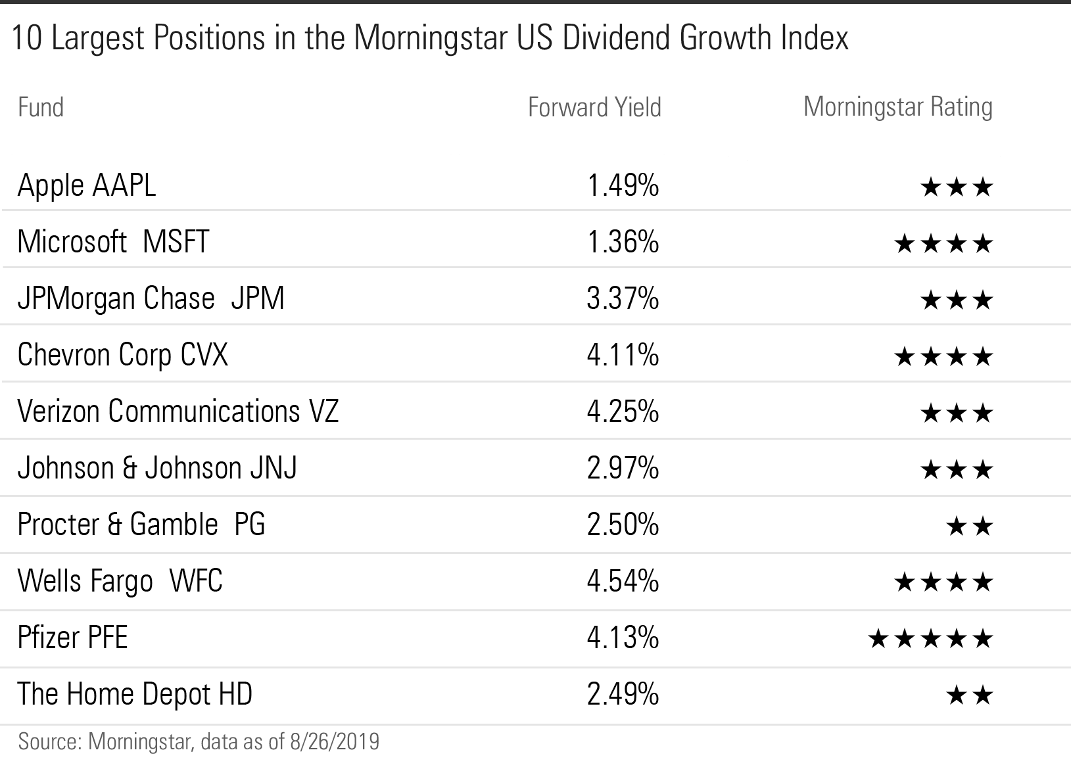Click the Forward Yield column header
(594, 107)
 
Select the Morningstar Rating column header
(897, 106)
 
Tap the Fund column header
(41, 107)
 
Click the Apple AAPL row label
(87, 185)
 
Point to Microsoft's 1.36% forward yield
(623, 242)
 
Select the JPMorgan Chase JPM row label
(151, 298)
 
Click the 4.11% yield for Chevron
(623, 356)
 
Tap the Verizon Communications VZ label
(178, 411)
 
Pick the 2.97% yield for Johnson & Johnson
(623, 469)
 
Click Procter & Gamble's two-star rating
(969, 526)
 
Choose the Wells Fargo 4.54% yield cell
(623, 582)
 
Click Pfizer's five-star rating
(930, 638)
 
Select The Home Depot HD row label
(135, 694)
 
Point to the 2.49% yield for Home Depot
(623, 695)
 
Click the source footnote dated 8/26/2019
(199, 741)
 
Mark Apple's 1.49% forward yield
(623, 186)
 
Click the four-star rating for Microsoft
(943, 245)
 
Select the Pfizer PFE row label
(72, 638)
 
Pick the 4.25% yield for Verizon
(623, 412)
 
